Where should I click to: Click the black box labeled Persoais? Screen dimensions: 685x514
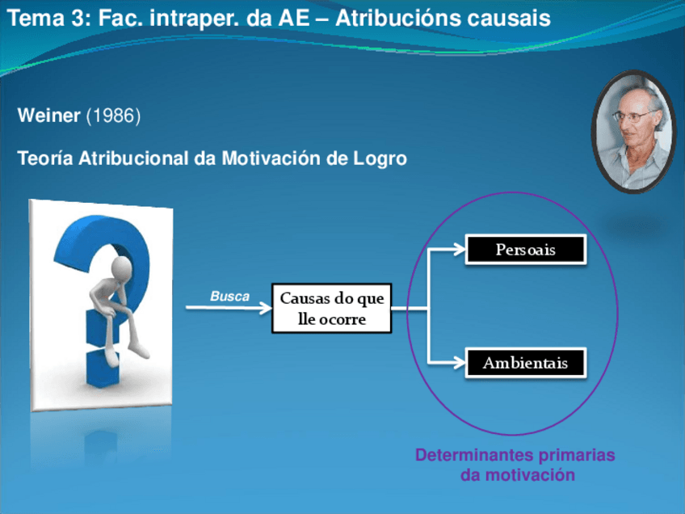click(x=526, y=250)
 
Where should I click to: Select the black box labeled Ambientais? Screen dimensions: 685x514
click(x=526, y=363)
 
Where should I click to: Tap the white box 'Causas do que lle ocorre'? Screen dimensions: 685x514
click(x=331, y=309)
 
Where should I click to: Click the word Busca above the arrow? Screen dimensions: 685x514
click(x=230, y=297)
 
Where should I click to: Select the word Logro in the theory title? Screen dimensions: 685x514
click(x=380, y=158)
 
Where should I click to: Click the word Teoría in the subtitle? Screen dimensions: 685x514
click(x=45, y=158)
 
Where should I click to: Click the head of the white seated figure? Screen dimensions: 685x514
click(x=121, y=269)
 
